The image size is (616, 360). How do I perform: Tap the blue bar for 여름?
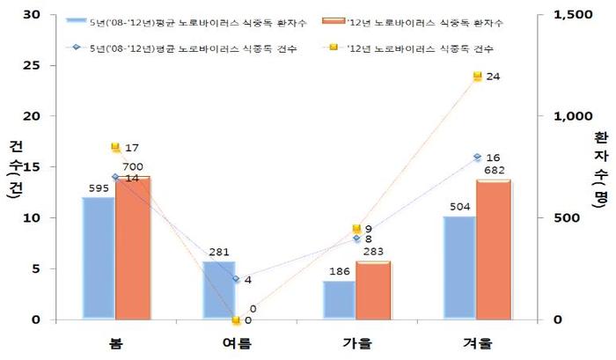click(x=218, y=290)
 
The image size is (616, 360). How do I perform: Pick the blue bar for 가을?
click(x=339, y=300)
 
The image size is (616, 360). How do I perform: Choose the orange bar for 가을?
click(x=373, y=290)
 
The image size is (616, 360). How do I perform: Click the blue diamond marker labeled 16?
click(x=477, y=157)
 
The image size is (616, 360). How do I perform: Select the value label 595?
click(x=98, y=187)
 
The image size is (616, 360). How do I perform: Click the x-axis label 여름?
click(x=235, y=342)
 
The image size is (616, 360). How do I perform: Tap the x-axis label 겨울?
click(x=476, y=342)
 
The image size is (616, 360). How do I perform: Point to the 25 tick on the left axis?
click(x=33, y=65)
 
